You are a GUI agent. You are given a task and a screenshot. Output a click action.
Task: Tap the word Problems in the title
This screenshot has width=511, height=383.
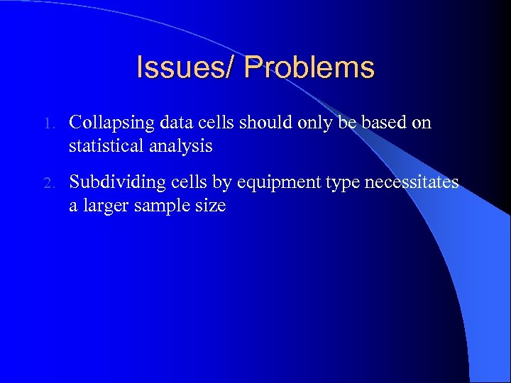pyautogui.click(x=309, y=68)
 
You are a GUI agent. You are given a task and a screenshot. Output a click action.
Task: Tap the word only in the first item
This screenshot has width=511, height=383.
pyautogui.click(x=314, y=123)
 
